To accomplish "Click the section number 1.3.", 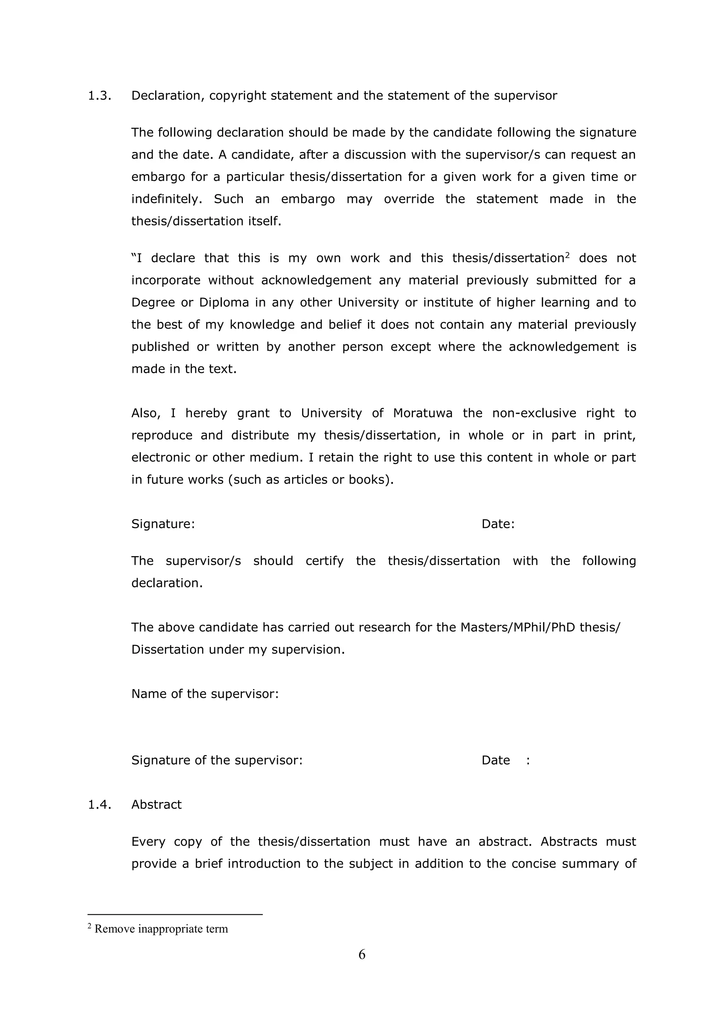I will (99, 96).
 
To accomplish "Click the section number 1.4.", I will (99, 805).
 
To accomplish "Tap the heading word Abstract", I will (157, 805).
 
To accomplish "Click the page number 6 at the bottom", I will (362, 954).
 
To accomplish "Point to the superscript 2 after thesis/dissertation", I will (567, 255).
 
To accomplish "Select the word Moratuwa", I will (423, 413).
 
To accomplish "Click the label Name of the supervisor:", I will (205, 694).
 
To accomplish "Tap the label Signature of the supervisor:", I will (217, 760).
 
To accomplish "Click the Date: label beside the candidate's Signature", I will (498, 524).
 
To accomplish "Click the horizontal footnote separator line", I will (175, 914).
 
